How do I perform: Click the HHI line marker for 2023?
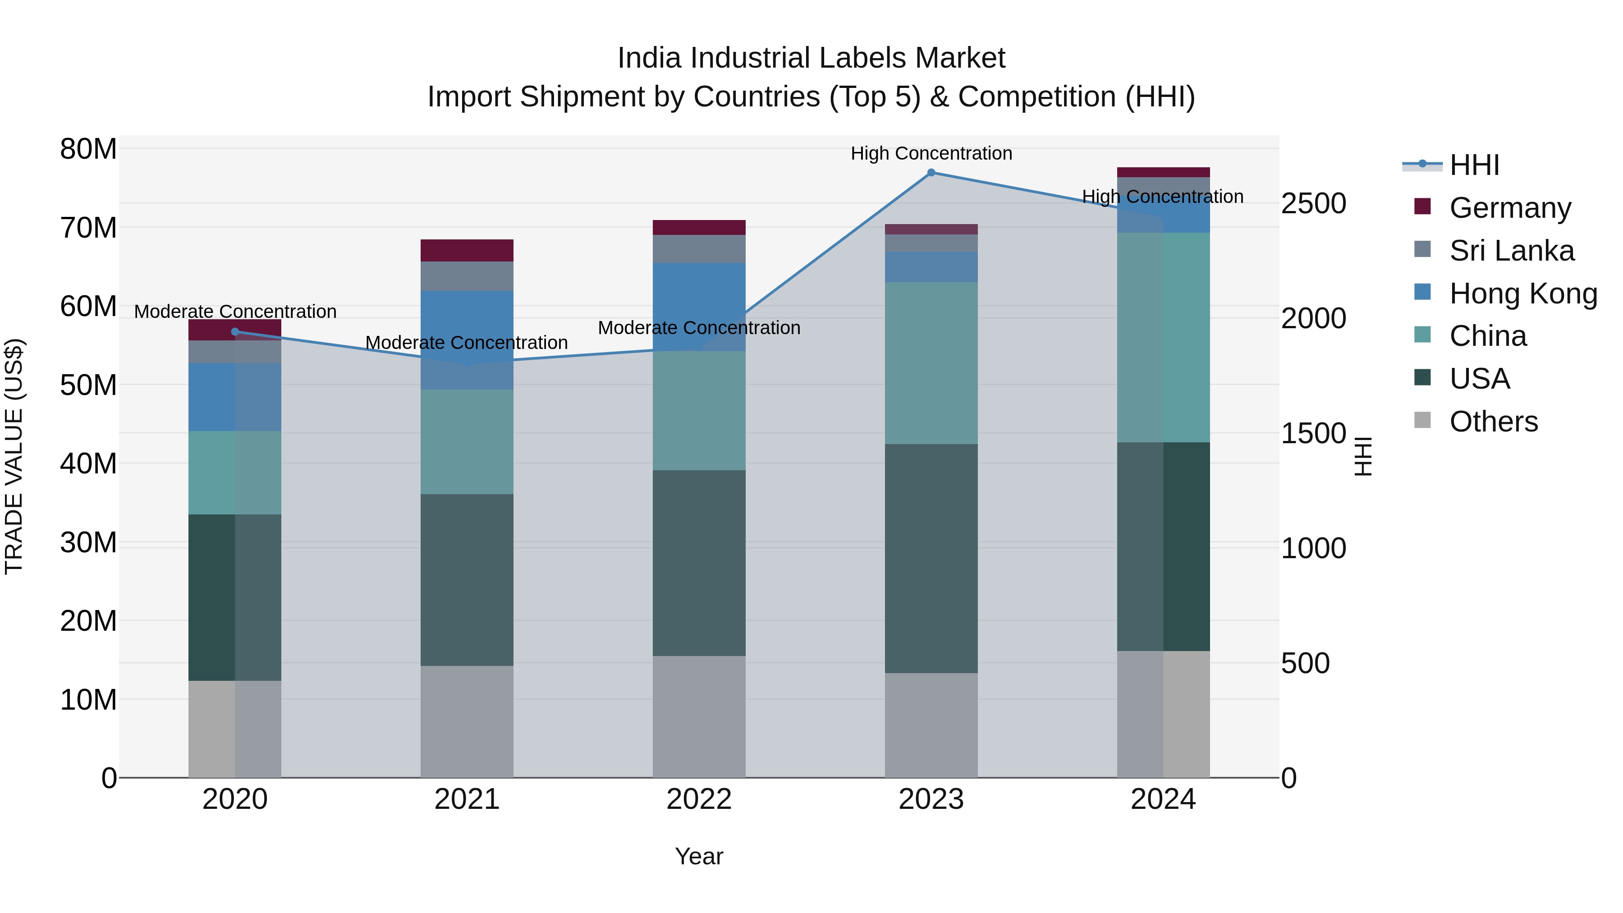pos(931,173)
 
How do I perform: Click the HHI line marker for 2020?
pos(235,331)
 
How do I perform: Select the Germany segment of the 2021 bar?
pos(467,250)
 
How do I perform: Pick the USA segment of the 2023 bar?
pos(931,558)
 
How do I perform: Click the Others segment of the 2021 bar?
pos(467,721)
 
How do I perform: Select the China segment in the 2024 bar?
pos(1163,337)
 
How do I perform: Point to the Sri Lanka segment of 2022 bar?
pos(699,249)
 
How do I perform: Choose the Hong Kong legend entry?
pos(1523,294)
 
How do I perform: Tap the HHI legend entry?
pos(1474,165)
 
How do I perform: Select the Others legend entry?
pos(1493,422)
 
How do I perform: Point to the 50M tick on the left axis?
pos(88,385)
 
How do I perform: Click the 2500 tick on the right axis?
pos(1314,203)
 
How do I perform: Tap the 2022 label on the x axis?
pos(699,799)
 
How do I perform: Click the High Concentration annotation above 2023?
pos(931,153)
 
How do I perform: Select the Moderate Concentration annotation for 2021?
pos(467,343)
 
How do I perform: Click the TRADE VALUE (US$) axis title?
pos(14,456)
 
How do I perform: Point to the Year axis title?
pos(699,856)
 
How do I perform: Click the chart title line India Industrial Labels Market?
pos(811,58)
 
